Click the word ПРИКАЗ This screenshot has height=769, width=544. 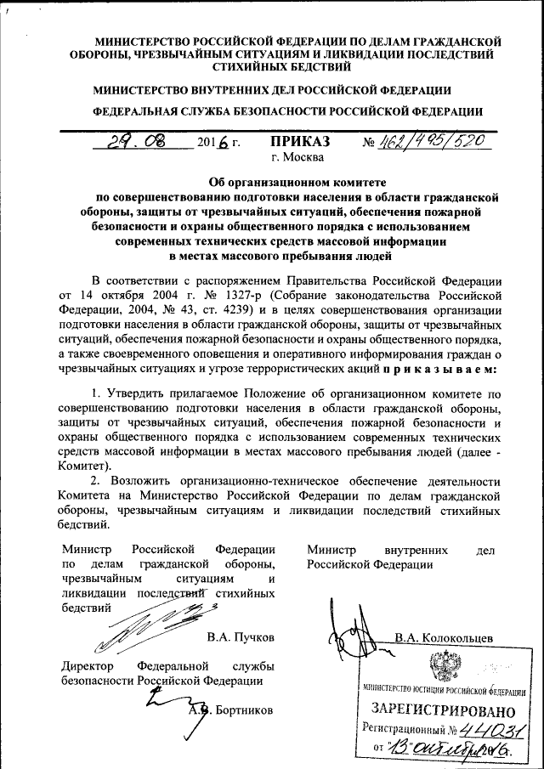coord(298,142)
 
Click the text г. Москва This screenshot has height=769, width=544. coord(297,157)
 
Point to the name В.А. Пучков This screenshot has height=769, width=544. coord(240,636)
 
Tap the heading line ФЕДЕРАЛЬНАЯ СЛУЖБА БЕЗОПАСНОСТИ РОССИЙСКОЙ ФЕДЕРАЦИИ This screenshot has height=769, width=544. coord(288,111)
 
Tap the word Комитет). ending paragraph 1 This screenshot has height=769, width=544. coord(86,466)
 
